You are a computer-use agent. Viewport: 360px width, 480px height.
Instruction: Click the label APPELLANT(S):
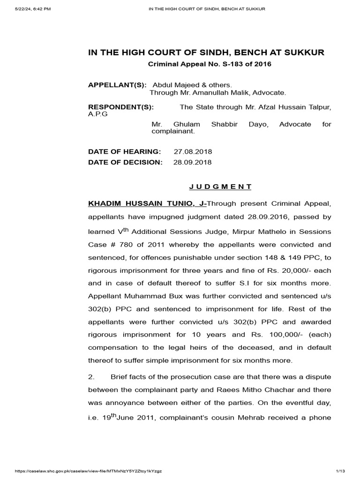[117, 85]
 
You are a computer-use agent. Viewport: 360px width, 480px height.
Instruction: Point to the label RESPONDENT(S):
[121, 107]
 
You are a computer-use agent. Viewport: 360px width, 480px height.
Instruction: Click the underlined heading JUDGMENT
[220, 187]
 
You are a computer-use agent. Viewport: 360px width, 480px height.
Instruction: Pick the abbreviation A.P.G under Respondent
[98, 114]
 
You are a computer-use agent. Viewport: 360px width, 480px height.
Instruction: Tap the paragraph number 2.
[91, 377]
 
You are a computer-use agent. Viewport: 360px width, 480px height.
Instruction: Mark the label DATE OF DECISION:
[125, 162]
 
